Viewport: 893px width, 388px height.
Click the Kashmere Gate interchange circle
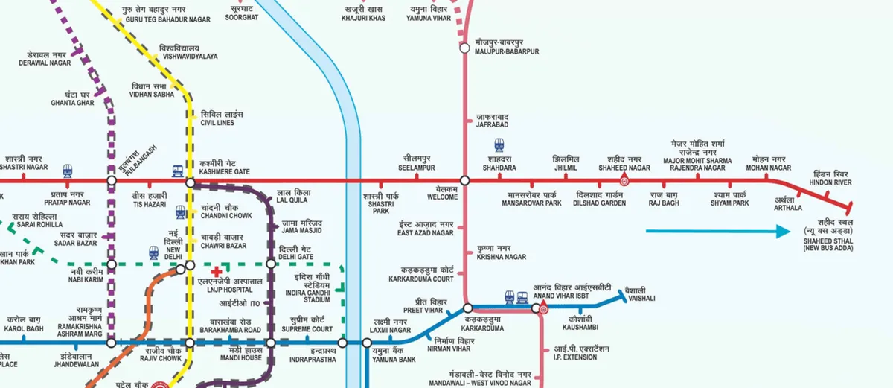(190, 181)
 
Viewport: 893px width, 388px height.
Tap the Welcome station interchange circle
(464, 181)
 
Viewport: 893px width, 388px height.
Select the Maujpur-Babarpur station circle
(464, 47)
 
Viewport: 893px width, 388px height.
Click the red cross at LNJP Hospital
(216, 273)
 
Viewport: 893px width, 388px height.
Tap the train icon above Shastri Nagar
(68, 170)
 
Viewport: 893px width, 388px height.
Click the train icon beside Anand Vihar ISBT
(511, 296)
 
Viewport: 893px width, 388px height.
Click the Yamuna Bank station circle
(367, 343)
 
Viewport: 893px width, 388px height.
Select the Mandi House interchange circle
(271, 343)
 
